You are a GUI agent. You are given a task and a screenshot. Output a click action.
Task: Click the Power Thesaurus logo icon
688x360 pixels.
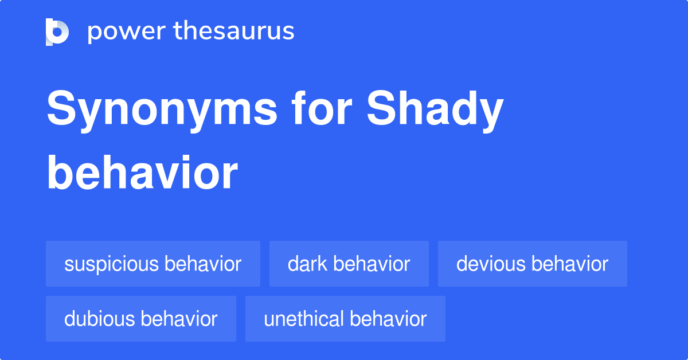[57, 32]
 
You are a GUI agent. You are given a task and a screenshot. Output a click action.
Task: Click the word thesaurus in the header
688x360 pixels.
[234, 32]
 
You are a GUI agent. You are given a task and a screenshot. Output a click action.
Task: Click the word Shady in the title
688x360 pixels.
[435, 111]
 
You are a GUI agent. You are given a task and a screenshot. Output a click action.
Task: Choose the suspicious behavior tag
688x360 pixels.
[153, 264]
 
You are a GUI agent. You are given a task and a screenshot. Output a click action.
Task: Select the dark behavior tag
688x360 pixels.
[349, 264]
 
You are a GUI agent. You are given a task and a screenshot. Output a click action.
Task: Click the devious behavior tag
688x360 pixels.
[533, 264]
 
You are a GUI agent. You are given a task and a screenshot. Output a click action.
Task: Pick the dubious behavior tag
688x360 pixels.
[141, 319]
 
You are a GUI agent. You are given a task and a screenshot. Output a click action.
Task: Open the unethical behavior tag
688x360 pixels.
[345, 319]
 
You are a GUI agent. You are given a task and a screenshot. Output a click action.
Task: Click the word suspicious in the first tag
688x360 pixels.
[111, 264]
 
